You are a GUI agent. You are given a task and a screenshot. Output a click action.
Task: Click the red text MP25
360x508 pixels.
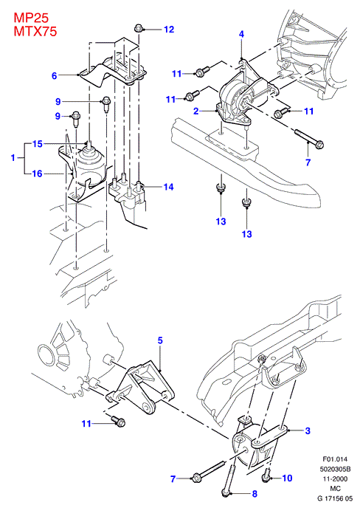click(31, 18)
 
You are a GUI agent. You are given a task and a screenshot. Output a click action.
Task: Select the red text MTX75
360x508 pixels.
click(35, 31)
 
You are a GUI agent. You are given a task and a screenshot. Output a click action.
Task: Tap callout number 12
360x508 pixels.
click(169, 30)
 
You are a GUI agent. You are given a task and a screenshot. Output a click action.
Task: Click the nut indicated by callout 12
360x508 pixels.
click(139, 28)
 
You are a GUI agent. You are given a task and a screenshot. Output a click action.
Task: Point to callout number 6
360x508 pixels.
click(55, 76)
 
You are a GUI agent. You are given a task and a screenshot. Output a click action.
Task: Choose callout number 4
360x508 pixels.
click(241, 34)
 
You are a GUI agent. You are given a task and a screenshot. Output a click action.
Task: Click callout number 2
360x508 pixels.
click(196, 111)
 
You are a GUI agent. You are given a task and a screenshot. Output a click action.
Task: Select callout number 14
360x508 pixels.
click(168, 187)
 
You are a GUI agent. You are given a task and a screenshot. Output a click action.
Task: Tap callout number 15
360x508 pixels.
click(38, 144)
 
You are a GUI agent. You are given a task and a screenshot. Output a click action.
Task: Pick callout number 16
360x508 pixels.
click(38, 174)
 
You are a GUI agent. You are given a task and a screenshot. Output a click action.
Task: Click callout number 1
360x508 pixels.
click(13, 158)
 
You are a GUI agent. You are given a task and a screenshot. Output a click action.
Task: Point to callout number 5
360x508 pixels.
click(160, 340)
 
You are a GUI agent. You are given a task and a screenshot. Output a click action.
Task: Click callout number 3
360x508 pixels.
click(308, 430)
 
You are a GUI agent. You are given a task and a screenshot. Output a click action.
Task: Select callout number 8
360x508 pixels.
click(255, 493)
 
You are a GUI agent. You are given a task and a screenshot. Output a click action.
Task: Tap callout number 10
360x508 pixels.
click(287, 478)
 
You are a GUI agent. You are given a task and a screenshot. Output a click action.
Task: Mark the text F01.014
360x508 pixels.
click(335, 459)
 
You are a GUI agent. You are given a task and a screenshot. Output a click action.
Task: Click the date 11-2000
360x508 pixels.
click(335, 478)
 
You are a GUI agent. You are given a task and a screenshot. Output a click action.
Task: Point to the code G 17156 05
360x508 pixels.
click(335, 498)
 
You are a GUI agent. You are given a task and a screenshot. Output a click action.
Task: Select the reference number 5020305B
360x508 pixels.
click(335, 469)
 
